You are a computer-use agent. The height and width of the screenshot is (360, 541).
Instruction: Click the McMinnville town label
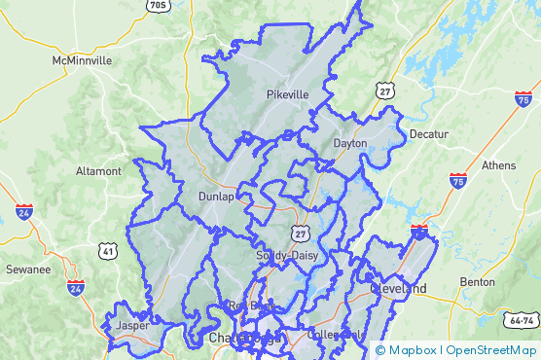[x=82, y=60]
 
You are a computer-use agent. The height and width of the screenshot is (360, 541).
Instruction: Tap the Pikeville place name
[x=287, y=94]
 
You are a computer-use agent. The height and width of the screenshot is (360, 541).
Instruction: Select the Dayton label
[x=350, y=143]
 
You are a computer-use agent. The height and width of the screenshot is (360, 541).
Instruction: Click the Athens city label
[x=498, y=165]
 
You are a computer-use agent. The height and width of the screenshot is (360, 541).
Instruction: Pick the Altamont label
[x=98, y=171]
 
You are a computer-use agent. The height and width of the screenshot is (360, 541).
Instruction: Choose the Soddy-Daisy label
[x=285, y=256]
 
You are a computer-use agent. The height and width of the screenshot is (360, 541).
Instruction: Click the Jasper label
[x=132, y=326]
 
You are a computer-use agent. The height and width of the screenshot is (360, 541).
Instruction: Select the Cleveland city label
[x=398, y=289]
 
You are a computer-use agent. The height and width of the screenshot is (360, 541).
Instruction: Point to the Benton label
[x=477, y=282]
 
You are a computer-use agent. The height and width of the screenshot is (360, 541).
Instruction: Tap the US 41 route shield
[x=108, y=252]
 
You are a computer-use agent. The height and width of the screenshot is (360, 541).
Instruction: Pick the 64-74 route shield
[x=522, y=320]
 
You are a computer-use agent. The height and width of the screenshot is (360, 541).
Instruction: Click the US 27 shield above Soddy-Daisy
[x=301, y=234]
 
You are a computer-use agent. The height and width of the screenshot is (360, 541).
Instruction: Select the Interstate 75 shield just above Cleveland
[x=419, y=232]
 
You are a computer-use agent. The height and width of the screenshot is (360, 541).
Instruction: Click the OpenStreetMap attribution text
[x=491, y=350]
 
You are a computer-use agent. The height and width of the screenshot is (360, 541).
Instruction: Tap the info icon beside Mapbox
[x=379, y=350]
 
